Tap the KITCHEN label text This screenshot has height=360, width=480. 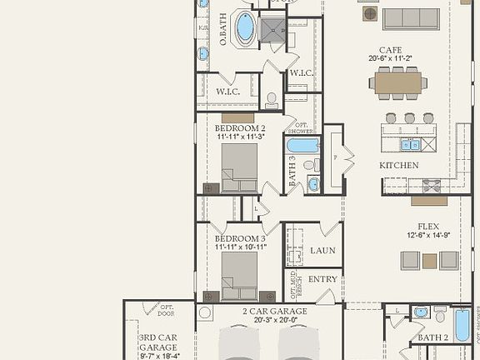pyautogui.click(x=399, y=165)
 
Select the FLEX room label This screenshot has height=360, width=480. pyautogui.click(x=428, y=226)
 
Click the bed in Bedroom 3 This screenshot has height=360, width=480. pyautogui.click(x=239, y=275)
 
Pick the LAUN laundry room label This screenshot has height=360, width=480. pyautogui.click(x=322, y=250)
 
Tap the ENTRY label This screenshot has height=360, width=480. pyautogui.click(x=322, y=279)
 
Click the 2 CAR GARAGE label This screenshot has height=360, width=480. pyautogui.click(x=275, y=311)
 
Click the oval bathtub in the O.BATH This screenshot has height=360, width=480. pyautogui.click(x=245, y=27)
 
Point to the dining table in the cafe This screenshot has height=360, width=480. pyautogui.click(x=398, y=82)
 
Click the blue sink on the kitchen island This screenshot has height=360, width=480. pyautogui.click(x=410, y=144)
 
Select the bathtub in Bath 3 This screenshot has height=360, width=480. pyautogui.click(x=302, y=145)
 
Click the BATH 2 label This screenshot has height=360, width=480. pyautogui.click(x=432, y=337)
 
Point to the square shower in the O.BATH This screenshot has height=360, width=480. pyautogui.click(x=272, y=31)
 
